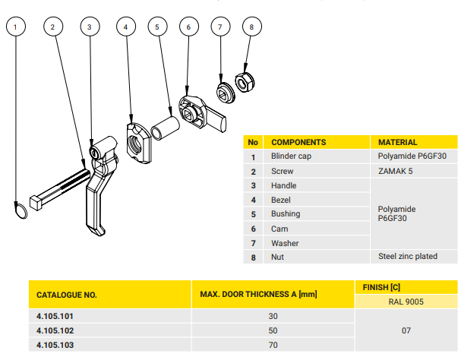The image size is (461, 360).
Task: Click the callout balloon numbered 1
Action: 19,27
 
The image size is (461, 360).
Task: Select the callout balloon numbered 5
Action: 156,27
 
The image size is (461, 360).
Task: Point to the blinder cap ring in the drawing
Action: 21,209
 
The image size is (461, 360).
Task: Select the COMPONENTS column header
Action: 298,142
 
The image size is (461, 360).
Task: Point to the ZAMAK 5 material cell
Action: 395,171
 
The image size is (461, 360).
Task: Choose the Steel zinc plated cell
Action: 408,257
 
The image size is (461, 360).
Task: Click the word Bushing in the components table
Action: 286,214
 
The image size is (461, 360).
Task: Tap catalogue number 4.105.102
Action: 56,330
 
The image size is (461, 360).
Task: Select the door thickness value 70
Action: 273,346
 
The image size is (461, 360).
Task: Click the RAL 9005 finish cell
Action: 406,301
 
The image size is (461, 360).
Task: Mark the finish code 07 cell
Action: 406,330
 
